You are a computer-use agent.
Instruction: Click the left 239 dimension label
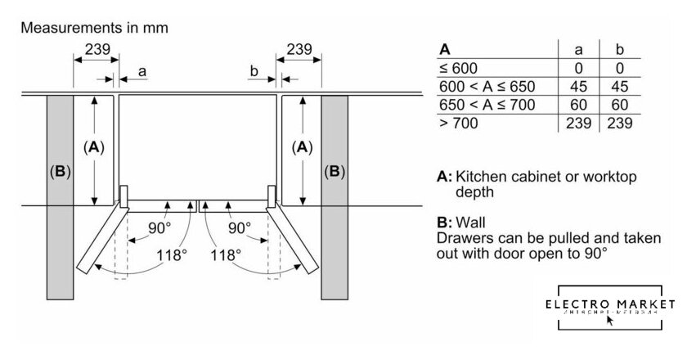[97, 49]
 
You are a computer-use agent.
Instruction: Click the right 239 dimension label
[299, 49]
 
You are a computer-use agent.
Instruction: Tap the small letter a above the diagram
[141, 72]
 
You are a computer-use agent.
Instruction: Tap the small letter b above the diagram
[254, 72]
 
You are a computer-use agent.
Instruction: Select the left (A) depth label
[95, 148]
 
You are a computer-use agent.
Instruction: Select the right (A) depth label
[303, 148]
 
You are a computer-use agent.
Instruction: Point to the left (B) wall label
[60, 172]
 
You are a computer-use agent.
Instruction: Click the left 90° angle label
[160, 227]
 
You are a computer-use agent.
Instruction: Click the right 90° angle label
[239, 227]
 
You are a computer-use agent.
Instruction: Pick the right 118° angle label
[226, 254]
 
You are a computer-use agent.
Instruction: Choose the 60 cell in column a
[578, 105]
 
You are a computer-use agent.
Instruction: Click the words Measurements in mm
[94, 28]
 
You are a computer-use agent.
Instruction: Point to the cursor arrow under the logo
[610, 320]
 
